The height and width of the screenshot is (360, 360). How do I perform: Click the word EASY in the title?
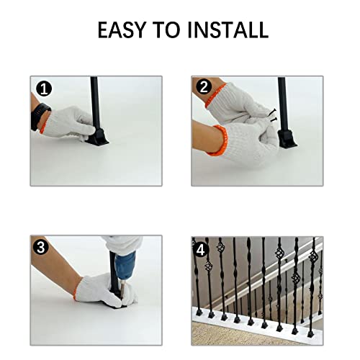(x=125, y=30)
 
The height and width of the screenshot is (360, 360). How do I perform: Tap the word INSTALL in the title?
(x=228, y=30)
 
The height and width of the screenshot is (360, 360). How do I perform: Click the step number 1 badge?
(x=45, y=90)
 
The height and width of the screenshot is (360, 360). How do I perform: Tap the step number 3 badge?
(x=44, y=248)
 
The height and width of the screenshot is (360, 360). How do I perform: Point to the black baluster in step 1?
(x=95, y=101)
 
